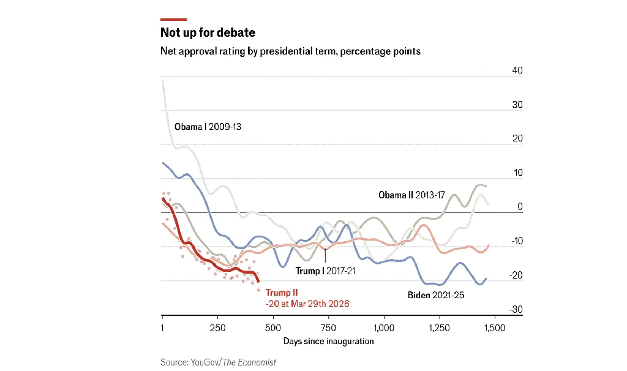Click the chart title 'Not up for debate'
208,32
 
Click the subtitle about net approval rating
290,51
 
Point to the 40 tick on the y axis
517,71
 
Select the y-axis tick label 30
517,105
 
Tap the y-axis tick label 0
520,207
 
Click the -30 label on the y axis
516,309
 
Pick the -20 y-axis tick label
516,275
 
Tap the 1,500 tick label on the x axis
494,328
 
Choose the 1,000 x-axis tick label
384,328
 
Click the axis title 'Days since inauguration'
328,341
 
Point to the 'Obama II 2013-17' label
411,195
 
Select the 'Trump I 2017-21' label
325,271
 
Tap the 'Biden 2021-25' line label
436,295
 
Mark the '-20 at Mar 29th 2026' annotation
307,304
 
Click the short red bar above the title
173,19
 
